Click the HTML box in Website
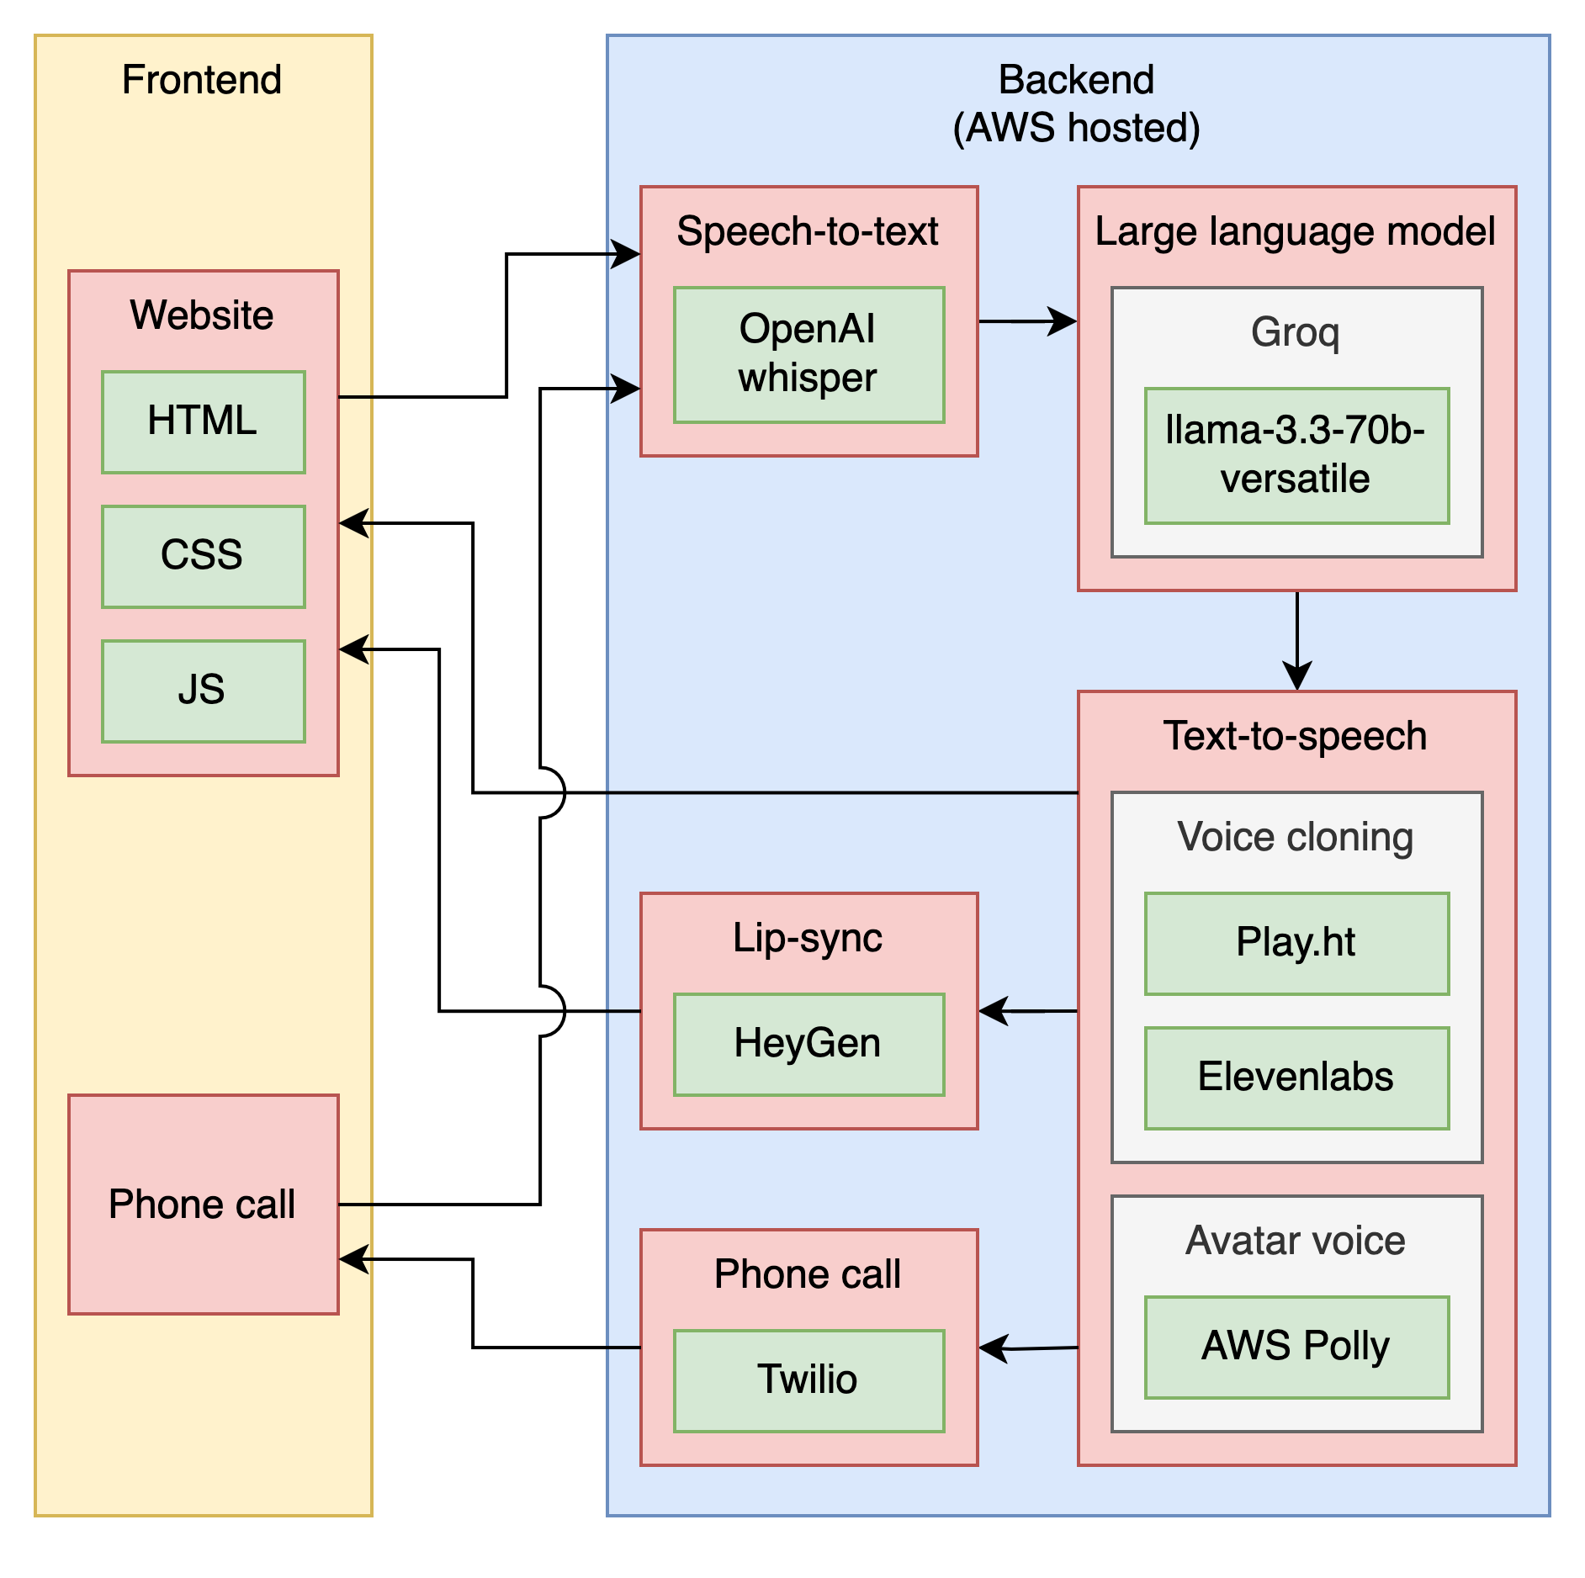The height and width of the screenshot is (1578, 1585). click(203, 421)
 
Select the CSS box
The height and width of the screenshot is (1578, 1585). click(203, 556)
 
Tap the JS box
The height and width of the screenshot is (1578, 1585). click(203, 691)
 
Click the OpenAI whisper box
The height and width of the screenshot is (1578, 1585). click(808, 354)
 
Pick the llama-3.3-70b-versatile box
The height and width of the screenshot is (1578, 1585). click(1296, 455)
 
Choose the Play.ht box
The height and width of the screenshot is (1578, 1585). click(1296, 943)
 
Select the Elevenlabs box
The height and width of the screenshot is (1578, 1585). click(1296, 1078)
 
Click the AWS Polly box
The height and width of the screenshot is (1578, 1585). click(1296, 1347)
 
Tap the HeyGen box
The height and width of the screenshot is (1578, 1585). click(808, 1044)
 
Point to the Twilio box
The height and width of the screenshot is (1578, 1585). click(808, 1380)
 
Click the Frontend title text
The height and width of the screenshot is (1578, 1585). click(202, 80)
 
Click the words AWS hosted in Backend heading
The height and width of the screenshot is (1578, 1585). click(1077, 128)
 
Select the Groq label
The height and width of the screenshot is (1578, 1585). click(1296, 332)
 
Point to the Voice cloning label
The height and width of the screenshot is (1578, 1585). click(1296, 837)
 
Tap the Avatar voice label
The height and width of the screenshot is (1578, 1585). click(1296, 1241)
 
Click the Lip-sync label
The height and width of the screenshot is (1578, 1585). click(808, 938)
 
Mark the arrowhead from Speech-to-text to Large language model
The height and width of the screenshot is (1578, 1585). click(1065, 321)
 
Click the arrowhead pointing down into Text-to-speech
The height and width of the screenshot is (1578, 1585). click(1297, 678)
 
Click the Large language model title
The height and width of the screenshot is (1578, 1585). click(1296, 231)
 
